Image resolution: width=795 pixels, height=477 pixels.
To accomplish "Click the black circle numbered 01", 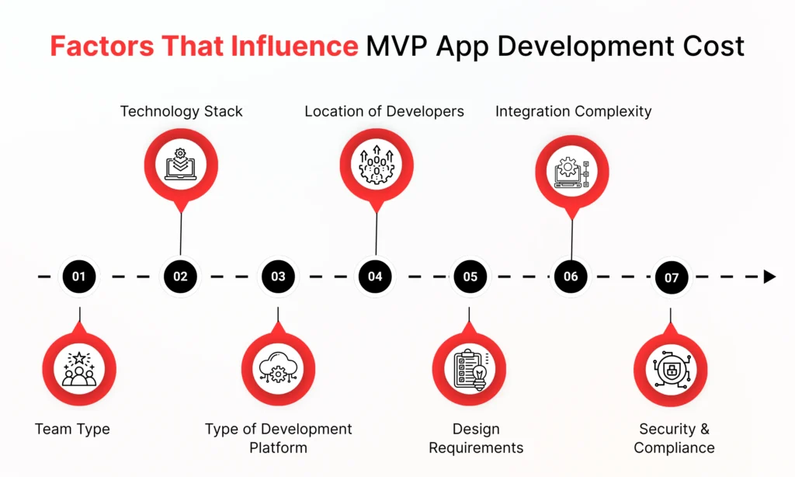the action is (79, 277).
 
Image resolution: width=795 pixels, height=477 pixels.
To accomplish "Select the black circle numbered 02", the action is (180, 277).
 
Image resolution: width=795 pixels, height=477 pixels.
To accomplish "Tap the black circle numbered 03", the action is (278, 277).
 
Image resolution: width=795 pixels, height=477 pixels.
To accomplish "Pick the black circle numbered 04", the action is (375, 277).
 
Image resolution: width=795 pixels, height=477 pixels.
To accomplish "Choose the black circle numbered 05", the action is (470, 277).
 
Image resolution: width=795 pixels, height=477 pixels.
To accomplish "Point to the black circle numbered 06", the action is (571, 277).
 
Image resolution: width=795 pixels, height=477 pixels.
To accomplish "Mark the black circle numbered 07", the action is (672, 277).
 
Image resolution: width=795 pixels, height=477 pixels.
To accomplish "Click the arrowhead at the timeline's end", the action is (769, 277).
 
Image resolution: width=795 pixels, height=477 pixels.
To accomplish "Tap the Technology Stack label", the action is (181, 112).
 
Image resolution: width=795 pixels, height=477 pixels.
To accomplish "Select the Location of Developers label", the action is (384, 112).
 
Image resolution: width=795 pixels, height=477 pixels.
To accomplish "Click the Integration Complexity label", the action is (574, 112).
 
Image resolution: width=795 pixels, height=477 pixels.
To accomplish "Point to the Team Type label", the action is (72, 430).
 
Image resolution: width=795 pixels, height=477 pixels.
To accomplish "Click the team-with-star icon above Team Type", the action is (79, 369).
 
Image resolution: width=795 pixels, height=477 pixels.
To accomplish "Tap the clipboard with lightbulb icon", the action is (470, 370).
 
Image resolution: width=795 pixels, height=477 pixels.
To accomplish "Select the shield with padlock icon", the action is (672, 370).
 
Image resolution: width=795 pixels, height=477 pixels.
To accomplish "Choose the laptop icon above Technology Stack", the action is (180, 165).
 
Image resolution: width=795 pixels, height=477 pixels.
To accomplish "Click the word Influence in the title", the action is (294, 46).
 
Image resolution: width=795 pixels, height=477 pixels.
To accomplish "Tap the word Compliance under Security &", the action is (674, 448).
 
